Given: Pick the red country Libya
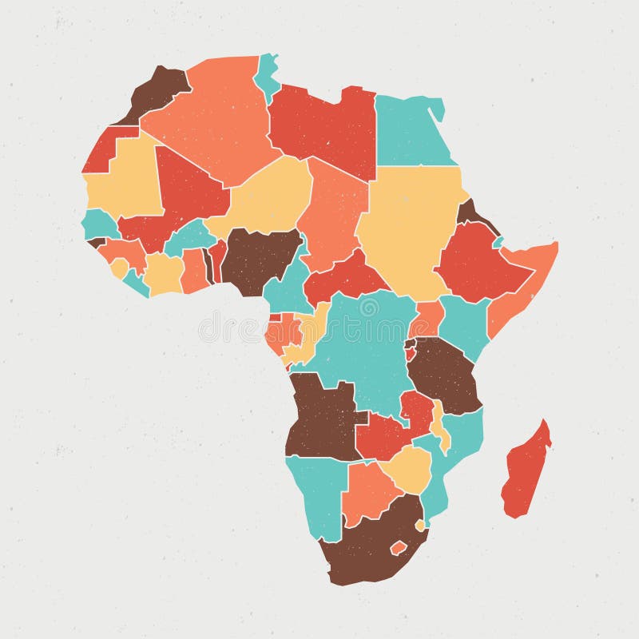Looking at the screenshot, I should coord(323,128).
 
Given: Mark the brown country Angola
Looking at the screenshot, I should coord(319,415).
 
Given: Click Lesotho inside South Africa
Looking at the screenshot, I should coord(399,548).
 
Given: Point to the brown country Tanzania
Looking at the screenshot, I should coord(444,371).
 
